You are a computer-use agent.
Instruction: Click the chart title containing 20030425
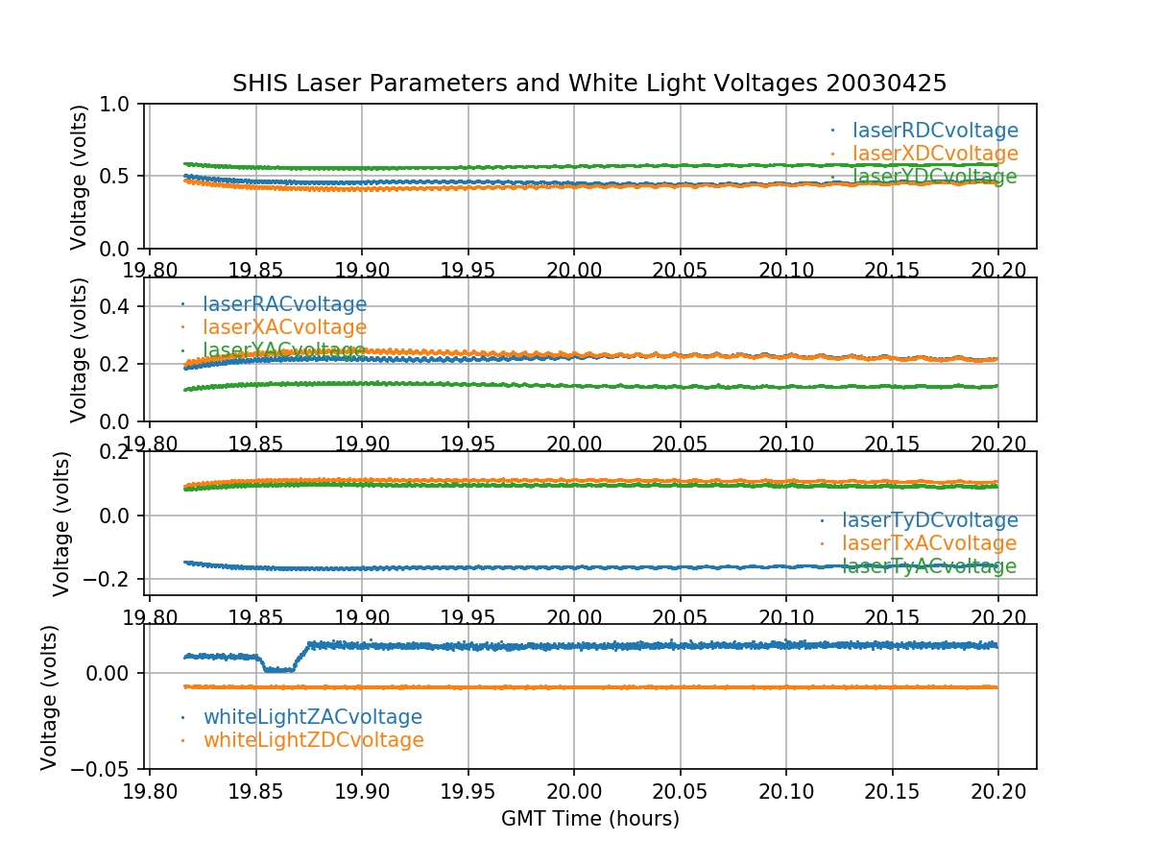[x=589, y=84]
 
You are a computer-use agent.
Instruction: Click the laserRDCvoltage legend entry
[x=935, y=131]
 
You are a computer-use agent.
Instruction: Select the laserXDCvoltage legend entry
[x=935, y=154]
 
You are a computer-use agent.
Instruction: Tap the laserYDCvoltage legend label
[x=935, y=177]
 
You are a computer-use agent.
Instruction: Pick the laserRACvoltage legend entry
[x=284, y=304]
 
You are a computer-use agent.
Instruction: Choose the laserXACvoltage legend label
[x=284, y=327]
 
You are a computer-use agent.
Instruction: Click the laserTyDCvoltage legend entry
[x=929, y=520]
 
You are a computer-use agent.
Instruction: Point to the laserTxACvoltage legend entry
[x=929, y=543]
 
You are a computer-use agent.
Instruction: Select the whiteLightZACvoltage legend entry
[x=312, y=717]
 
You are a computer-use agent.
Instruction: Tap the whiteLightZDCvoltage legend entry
[x=313, y=740]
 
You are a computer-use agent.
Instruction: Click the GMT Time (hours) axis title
[x=589, y=819]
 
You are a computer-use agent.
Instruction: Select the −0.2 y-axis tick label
[x=108, y=579]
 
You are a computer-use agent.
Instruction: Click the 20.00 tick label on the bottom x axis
[x=574, y=789]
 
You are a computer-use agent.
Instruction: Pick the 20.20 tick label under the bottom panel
[x=998, y=789]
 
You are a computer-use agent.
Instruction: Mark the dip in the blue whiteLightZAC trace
[x=278, y=669]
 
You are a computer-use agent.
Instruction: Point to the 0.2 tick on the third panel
[x=121, y=452]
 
